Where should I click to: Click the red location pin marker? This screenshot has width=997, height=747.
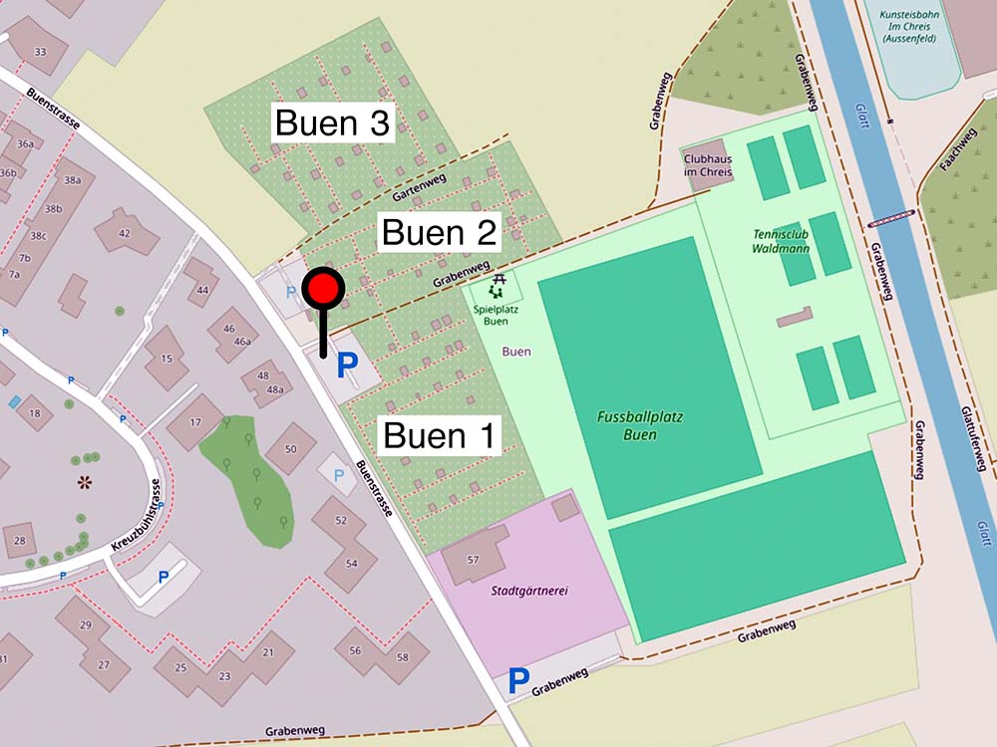tap(323, 290)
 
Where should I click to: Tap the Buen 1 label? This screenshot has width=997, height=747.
tap(439, 436)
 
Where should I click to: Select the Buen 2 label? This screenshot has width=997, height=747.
tap(440, 233)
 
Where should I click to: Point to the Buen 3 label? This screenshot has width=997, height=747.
tap(332, 124)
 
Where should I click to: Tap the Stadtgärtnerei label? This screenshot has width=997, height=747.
tap(529, 591)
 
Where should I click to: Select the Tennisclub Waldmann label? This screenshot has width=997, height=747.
tap(781, 241)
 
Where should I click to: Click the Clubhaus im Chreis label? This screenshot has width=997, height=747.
tap(708, 165)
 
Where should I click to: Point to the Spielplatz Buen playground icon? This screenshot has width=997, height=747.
tap(497, 288)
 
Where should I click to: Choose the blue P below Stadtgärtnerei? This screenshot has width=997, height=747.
tap(518, 681)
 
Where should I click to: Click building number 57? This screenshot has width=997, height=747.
tap(473, 560)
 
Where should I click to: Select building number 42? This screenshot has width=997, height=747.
tap(125, 233)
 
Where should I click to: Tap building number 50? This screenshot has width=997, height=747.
tap(290, 449)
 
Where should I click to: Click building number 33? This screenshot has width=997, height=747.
tap(40, 52)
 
